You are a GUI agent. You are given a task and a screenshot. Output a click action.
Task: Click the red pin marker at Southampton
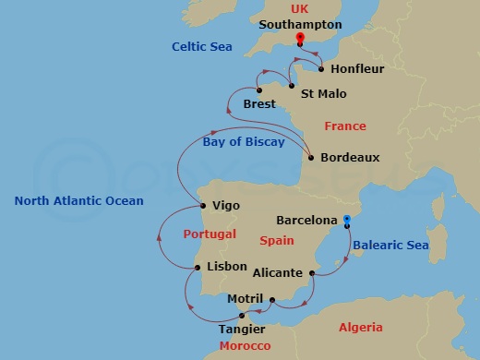(x=299, y=39)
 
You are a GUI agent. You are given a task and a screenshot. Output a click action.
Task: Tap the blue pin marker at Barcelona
(x=346, y=220)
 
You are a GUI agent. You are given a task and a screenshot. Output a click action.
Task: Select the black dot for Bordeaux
(x=309, y=157)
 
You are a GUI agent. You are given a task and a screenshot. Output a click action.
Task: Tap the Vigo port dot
(x=202, y=205)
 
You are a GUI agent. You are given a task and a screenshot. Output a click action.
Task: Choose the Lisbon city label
(x=227, y=267)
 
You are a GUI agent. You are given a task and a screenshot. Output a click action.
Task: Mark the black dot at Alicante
(x=313, y=273)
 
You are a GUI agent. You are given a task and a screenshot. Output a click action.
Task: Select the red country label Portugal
(x=210, y=234)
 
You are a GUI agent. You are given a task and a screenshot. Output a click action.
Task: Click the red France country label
(x=345, y=126)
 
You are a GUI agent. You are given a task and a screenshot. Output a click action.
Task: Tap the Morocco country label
(x=246, y=346)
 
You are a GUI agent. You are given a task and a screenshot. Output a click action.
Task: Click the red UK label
(x=300, y=8)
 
